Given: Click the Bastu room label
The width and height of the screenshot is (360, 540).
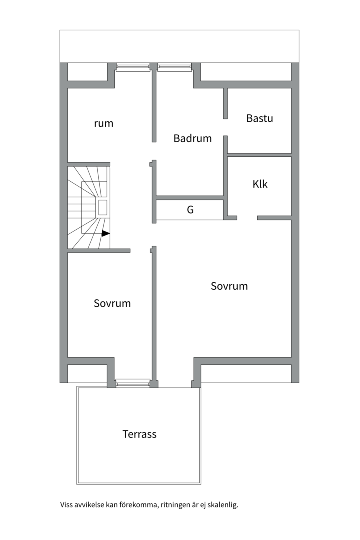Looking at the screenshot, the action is click(260, 118).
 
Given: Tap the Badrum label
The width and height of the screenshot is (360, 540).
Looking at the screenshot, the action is click(192, 138).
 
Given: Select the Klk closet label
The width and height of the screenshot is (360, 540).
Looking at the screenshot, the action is click(260, 184).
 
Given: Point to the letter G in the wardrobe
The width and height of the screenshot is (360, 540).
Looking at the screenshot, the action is click(190, 209).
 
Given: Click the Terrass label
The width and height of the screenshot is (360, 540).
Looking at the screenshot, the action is click(139, 434).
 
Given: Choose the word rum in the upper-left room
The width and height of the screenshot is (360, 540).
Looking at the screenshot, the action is click(103, 123).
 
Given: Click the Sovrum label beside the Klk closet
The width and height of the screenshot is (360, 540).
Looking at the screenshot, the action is click(229, 286).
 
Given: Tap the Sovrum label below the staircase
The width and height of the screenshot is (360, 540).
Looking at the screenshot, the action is click(112, 303).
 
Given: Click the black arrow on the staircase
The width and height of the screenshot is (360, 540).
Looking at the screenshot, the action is click(106, 233).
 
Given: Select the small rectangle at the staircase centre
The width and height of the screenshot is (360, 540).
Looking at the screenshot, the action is click(103, 207).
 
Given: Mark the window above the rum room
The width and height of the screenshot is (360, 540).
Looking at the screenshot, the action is click(133, 67).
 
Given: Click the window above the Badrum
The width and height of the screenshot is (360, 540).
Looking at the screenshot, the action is click(174, 67).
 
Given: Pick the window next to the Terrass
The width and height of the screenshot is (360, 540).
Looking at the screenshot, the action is click(133, 383).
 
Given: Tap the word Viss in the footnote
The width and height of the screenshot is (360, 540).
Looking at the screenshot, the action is click(66, 505).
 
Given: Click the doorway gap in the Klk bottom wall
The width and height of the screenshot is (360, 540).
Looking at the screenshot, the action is click(247, 218).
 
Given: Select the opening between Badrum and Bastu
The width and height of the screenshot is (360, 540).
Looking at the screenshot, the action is click(225, 128).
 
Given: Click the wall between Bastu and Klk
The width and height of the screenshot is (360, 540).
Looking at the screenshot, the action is click(260, 155).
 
